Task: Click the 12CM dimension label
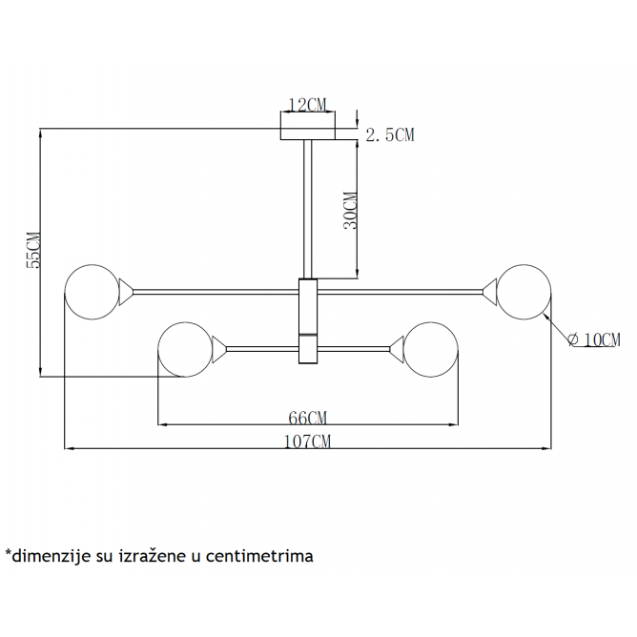307,105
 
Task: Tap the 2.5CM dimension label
390,134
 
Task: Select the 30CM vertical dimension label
351,211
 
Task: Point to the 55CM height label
33,250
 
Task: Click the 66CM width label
307,418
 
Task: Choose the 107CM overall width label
307,442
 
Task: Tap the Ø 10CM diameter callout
594,339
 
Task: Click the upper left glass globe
92,292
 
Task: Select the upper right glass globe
524,292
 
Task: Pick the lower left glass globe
185,349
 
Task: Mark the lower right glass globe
431,349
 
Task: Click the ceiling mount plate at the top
307,134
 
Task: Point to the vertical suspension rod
307,209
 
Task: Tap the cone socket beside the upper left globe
126,292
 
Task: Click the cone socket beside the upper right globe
490,292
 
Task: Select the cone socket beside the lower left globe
219,349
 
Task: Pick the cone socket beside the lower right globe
397,349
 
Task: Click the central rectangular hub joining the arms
308,321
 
